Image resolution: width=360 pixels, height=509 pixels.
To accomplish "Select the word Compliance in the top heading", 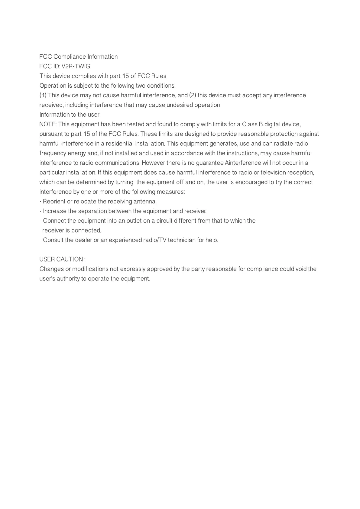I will (x=70, y=57).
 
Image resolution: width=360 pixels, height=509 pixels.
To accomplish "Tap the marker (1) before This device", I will (x=43, y=96).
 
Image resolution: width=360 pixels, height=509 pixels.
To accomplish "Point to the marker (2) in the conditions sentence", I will (x=193, y=96).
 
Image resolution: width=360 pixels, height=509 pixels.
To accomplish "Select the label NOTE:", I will (x=48, y=125).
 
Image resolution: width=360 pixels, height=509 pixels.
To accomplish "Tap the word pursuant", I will (x=50, y=134).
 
